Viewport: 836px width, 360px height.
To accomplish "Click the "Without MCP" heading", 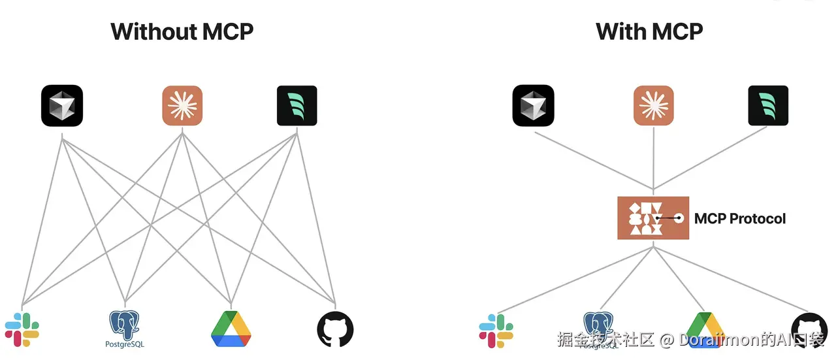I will pyautogui.click(x=182, y=31).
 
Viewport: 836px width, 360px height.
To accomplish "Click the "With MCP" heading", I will pyautogui.click(x=649, y=31).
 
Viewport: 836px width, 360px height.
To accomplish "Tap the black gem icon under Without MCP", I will pyautogui.click(x=62, y=106).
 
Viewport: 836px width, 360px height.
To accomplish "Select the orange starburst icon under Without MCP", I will pyautogui.click(x=182, y=106).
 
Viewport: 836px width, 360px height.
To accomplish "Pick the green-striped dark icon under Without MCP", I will pyautogui.click(x=297, y=106).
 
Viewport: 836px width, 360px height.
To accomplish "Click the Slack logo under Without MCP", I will pyautogui.click(x=22, y=329).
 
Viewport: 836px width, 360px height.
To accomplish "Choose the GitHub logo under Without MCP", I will pyautogui.click(x=335, y=329).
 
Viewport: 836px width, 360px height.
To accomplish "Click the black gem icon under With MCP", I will pyautogui.click(x=534, y=106).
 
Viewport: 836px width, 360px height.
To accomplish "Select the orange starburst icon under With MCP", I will pyautogui.click(x=654, y=106).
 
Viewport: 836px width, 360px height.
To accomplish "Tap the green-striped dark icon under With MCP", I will pyautogui.click(x=768, y=106).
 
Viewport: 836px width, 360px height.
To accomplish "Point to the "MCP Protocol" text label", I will pyautogui.click(x=740, y=218).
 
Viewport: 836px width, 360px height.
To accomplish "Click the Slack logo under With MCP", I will pyautogui.click(x=496, y=330).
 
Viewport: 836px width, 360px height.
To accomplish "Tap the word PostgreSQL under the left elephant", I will pyautogui.click(x=124, y=344).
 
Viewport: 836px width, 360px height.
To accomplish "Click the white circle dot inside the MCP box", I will pyautogui.click(x=679, y=218).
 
